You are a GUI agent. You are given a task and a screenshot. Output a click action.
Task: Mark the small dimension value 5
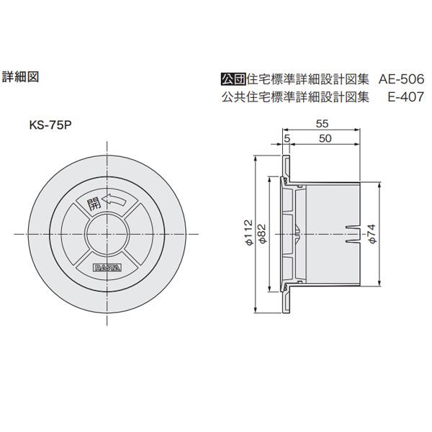(x=287, y=138)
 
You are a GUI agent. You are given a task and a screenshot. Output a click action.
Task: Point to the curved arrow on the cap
(x=115, y=202)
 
